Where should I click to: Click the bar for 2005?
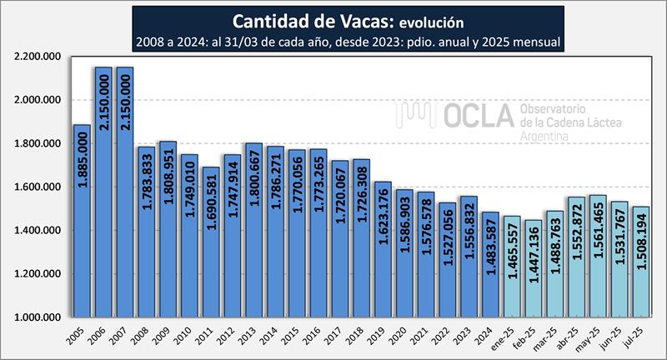(x=83, y=221)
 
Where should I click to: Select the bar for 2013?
(x=255, y=230)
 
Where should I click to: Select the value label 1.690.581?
(x=212, y=203)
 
